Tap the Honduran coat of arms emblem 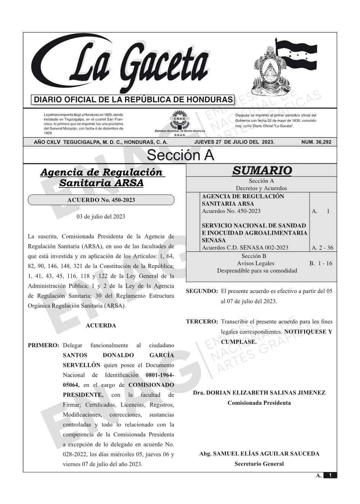[x=270, y=70]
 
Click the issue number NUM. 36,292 [x=316, y=142]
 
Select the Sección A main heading [x=180, y=155]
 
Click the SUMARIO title [x=262, y=171]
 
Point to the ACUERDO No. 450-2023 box [x=101, y=200]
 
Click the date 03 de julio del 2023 [x=101, y=216]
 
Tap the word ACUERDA [x=101, y=326]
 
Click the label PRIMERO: [x=43, y=346]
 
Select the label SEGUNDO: [x=202, y=291]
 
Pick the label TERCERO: [x=202, y=322]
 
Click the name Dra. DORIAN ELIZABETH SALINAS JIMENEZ [x=259, y=393]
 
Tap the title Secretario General [x=259, y=464]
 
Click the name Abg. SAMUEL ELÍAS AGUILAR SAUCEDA [x=259, y=454]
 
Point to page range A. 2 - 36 [x=322, y=248]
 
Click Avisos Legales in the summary [x=256, y=263]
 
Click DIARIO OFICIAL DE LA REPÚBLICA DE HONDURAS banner [x=133, y=100]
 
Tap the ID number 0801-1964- [x=160, y=375]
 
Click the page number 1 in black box [x=330, y=475]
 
